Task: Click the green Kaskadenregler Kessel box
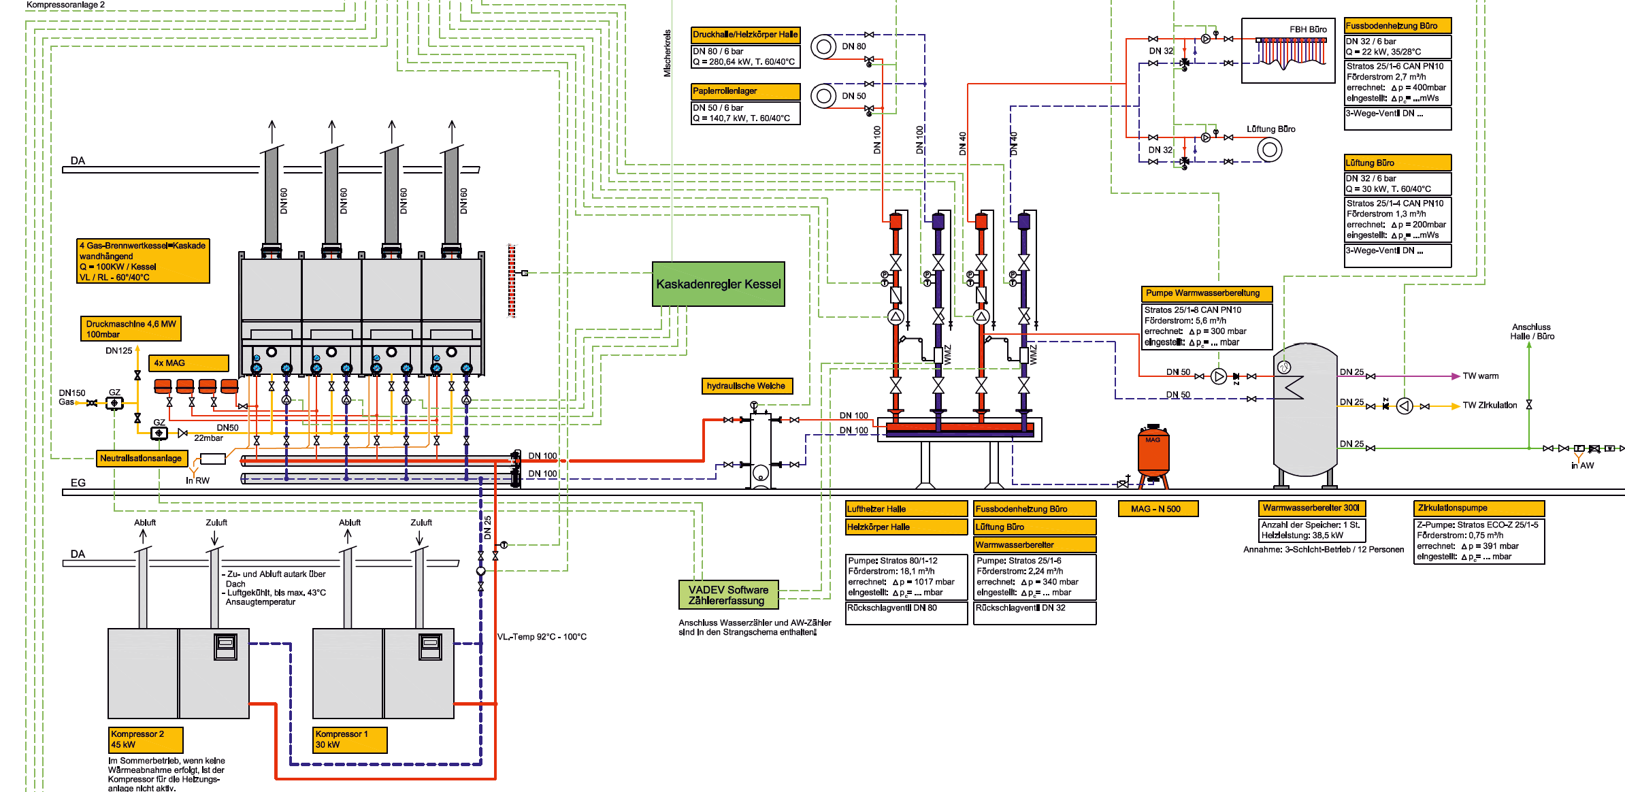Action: (718, 284)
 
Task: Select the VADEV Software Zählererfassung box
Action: (728, 595)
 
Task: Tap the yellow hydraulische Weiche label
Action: (746, 386)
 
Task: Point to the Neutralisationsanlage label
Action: (142, 458)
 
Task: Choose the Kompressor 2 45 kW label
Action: (146, 740)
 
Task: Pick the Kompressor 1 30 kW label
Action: (350, 740)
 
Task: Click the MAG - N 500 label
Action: (1158, 509)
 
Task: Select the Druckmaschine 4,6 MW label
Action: (131, 329)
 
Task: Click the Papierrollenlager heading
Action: (745, 91)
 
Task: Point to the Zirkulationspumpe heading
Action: (1479, 508)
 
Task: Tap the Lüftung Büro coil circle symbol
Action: (1269, 150)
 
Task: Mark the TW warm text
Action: (1481, 376)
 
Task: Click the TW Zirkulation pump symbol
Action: (1405, 406)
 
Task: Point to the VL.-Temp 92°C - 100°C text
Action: (542, 637)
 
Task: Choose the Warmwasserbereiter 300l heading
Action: (1311, 508)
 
